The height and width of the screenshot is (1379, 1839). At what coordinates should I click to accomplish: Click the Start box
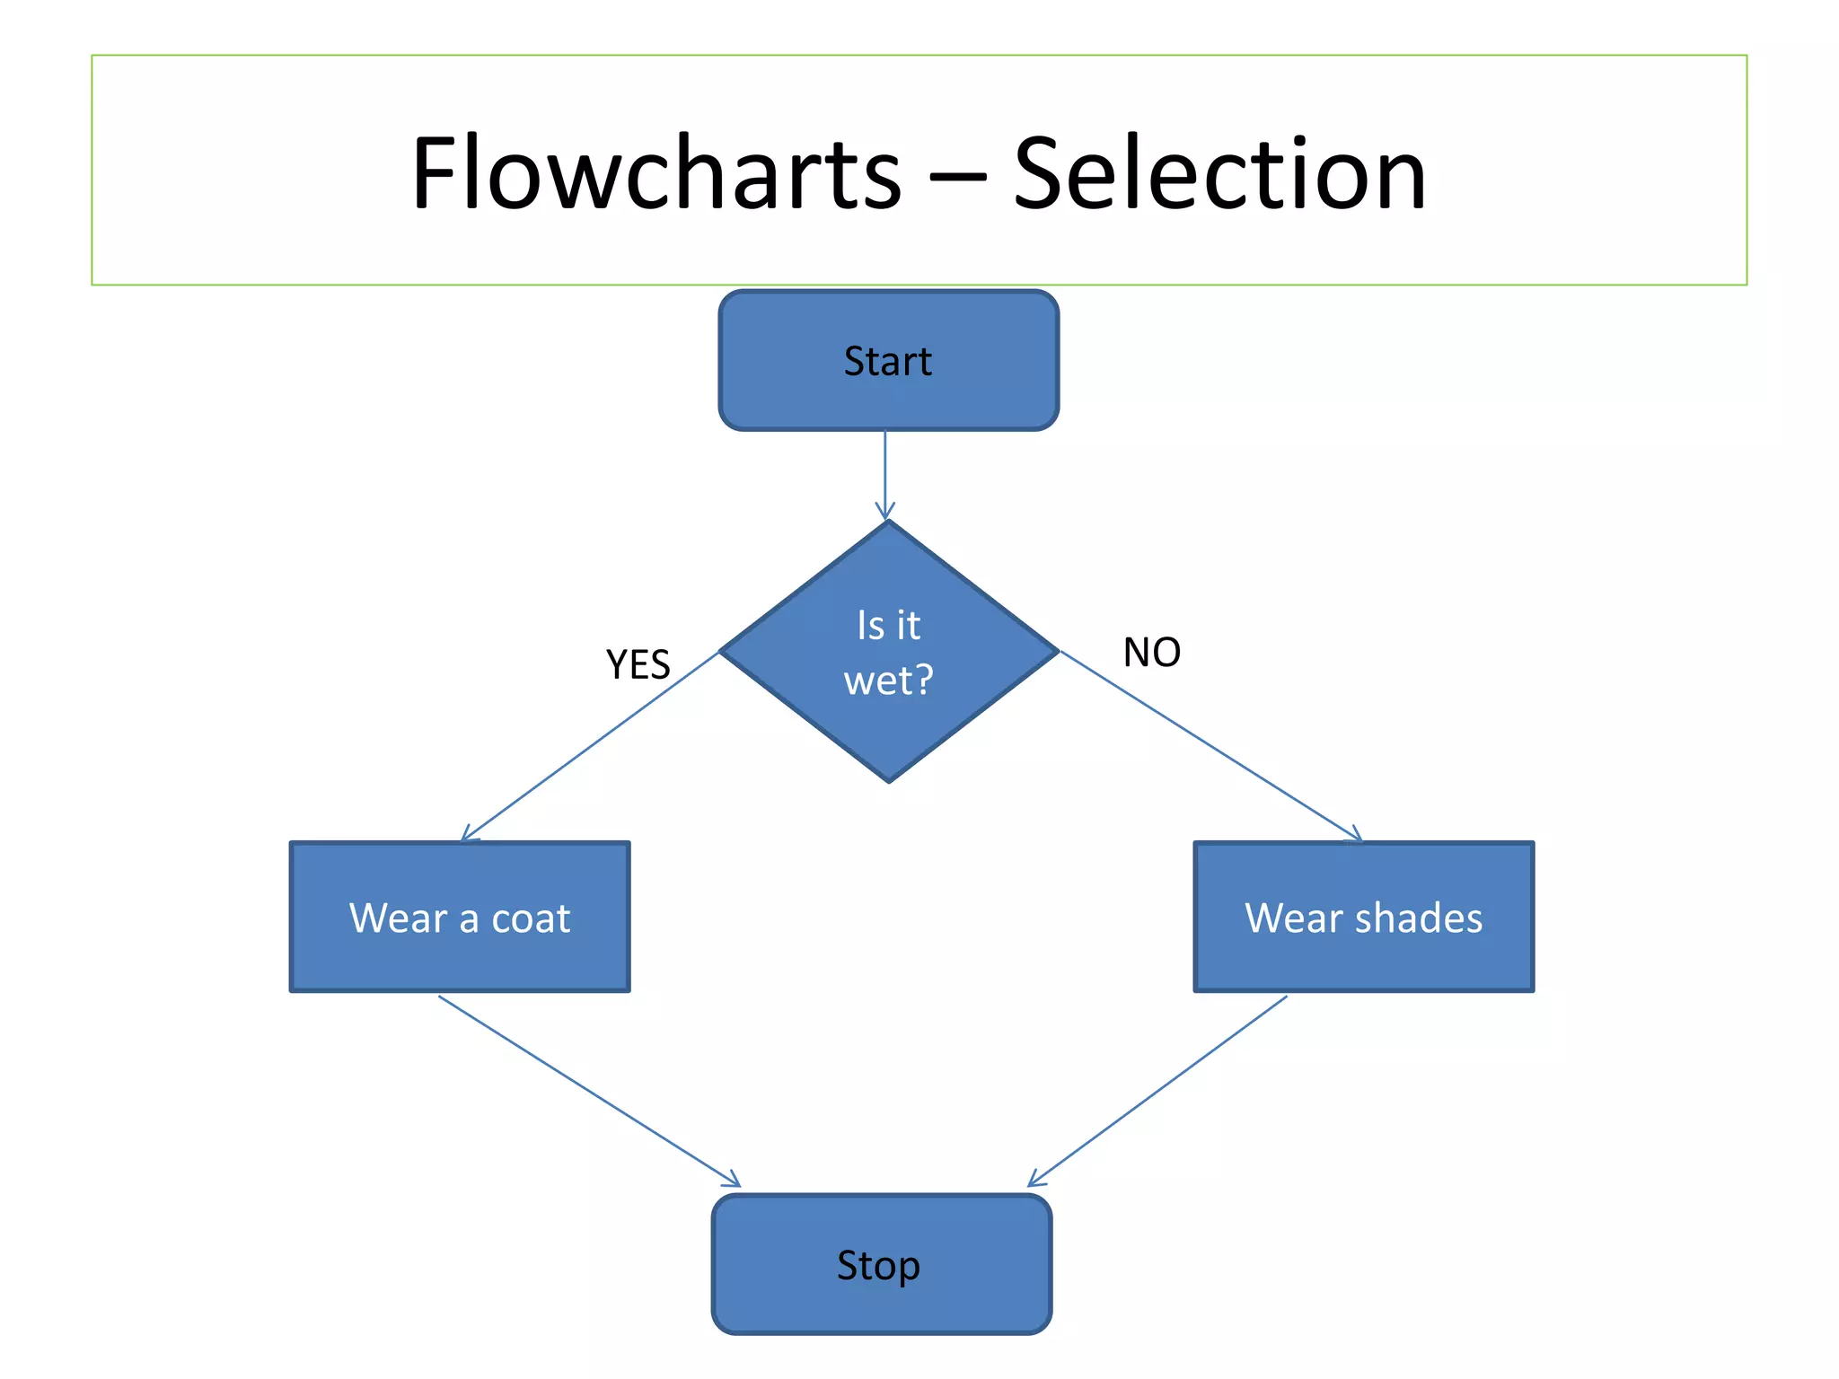pos(888,360)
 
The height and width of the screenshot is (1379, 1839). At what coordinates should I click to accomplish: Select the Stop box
pos(881,1264)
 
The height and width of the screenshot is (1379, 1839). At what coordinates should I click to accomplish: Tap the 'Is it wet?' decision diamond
pos(888,651)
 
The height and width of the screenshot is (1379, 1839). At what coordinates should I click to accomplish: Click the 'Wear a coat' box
pos(460,917)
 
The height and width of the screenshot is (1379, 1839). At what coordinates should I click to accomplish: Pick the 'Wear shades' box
pos(1363,917)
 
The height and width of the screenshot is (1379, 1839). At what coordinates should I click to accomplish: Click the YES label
pos(638,665)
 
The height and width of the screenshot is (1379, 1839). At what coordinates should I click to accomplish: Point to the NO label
pos(1151,653)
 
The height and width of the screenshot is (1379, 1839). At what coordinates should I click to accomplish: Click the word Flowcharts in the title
pos(656,172)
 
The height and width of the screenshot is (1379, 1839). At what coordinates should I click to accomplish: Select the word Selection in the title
pos(1219,172)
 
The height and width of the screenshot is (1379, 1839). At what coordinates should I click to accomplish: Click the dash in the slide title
pos(957,180)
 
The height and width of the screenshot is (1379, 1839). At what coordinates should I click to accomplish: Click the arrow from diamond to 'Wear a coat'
pos(593,745)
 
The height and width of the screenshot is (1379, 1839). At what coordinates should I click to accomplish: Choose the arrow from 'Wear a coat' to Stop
pos(588,1090)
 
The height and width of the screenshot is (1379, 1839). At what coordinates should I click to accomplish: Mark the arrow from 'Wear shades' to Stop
pos(1158,1090)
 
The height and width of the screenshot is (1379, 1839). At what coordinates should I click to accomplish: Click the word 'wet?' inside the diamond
pos(888,680)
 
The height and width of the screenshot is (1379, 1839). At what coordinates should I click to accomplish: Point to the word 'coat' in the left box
pos(531,918)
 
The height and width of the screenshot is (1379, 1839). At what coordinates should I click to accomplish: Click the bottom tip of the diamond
pos(888,780)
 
